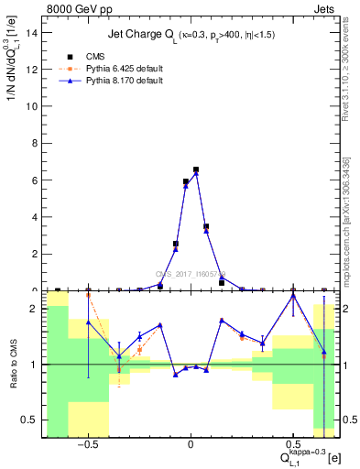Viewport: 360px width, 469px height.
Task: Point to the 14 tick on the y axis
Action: pos(35,32)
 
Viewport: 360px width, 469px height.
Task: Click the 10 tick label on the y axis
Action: pos(35,106)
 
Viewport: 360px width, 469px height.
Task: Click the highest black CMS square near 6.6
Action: pos(196,169)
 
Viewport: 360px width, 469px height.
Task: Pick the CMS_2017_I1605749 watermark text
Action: pos(190,274)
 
